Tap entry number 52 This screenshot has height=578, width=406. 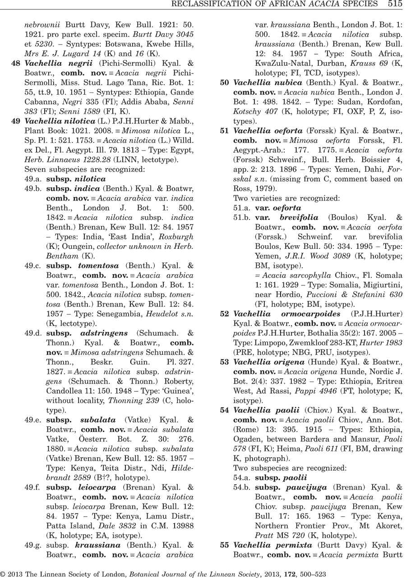[224, 313]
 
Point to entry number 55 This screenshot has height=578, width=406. [224, 545]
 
